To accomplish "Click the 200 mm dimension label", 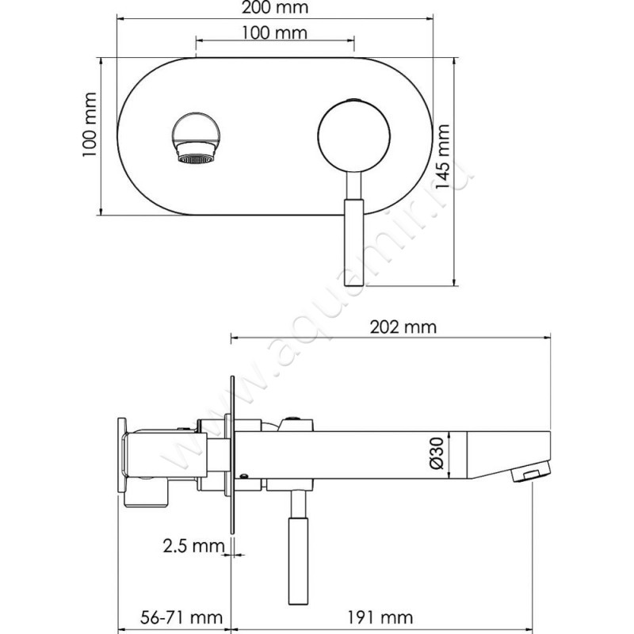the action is click(275, 8).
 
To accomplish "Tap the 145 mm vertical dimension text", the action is click(443, 156).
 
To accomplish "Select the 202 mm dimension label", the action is click(403, 327).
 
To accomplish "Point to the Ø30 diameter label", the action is click(437, 453).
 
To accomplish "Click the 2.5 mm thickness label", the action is click(193, 546).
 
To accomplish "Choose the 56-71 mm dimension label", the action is click(181, 617).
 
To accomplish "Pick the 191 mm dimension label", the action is click(380, 617).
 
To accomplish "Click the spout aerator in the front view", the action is click(197, 153).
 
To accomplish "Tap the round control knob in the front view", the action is click(354, 136).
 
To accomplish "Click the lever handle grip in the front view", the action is click(353, 243).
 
